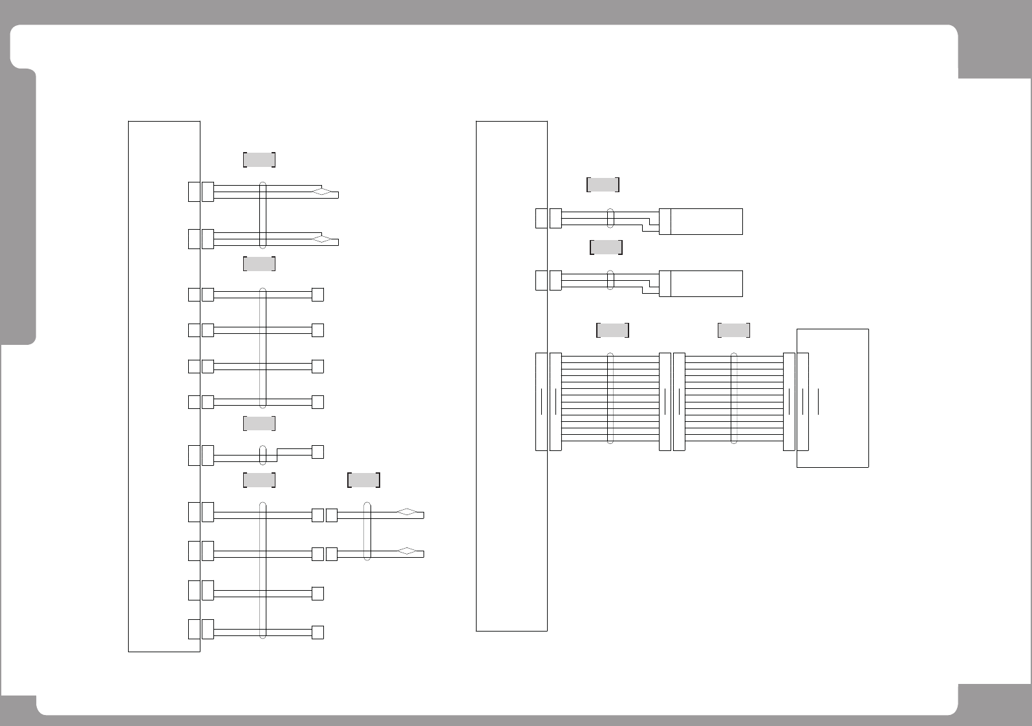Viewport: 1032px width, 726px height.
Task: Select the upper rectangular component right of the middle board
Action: point(705,221)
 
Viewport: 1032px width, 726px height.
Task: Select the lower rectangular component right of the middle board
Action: point(705,283)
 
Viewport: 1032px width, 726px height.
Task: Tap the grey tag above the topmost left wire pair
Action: point(259,160)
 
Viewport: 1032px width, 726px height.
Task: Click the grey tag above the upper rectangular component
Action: point(603,184)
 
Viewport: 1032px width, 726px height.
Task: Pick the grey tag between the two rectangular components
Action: point(606,247)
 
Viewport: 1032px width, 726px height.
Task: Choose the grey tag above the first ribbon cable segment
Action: point(612,330)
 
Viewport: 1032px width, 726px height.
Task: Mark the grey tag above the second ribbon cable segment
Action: point(734,330)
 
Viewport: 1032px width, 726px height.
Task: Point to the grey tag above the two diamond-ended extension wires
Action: point(363,480)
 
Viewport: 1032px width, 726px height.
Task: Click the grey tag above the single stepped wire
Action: point(259,424)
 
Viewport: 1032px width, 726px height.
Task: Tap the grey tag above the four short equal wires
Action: point(259,263)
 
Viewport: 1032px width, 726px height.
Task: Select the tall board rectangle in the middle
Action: point(511,375)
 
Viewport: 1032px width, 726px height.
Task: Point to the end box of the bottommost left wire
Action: point(317,632)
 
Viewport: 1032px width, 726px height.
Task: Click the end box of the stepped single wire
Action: point(317,452)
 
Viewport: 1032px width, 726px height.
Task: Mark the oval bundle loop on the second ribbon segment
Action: point(734,399)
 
